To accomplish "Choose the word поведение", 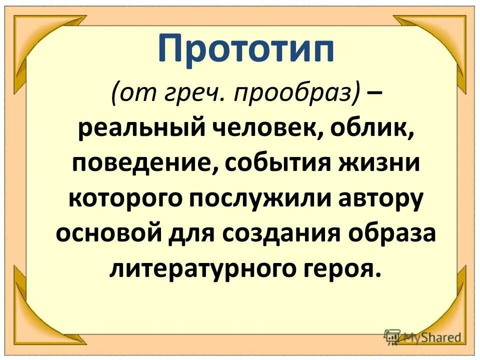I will (x=140, y=164).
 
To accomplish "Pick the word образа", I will (x=389, y=232).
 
